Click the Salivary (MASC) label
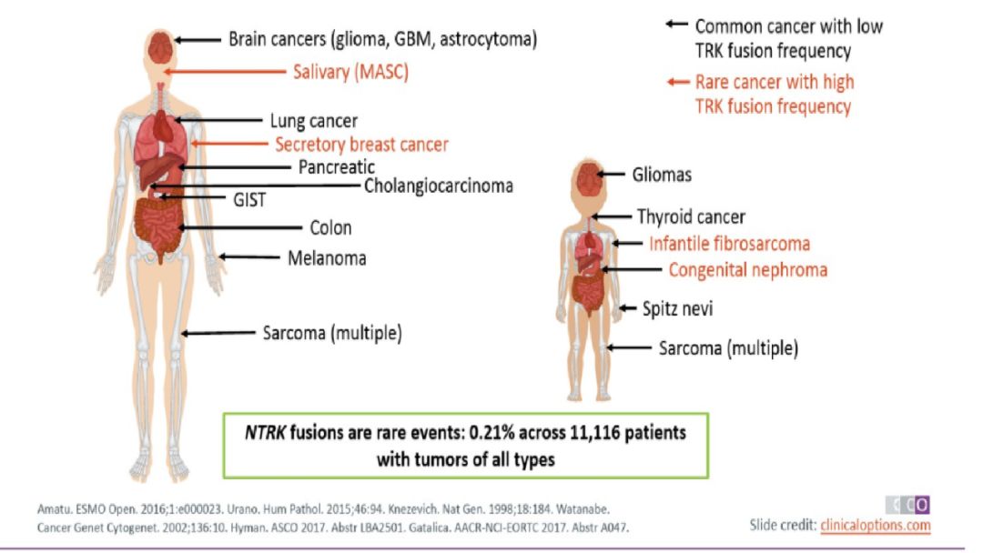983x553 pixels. [x=350, y=72]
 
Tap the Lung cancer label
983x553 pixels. [x=313, y=121]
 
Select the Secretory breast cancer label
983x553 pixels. [x=361, y=145]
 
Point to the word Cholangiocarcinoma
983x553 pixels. [x=439, y=186]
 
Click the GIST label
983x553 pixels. [x=249, y=200]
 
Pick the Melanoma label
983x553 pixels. [x=327, y=258]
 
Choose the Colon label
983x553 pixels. [x=330, y=227]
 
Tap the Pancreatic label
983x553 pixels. [x=337, y=167]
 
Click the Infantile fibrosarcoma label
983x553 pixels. [x=729, y=244]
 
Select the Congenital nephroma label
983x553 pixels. [x=748, y=270]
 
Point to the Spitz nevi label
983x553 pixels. [x=678, y=308]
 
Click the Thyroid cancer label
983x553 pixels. [x=691, y=217]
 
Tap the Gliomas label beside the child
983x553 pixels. [x=662, y=175]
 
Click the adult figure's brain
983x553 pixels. [x=161, y=47]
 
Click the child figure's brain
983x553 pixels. [x=589, y=178]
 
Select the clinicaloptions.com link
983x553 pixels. [x=876, y=525]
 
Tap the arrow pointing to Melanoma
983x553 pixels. [x=248, y=256]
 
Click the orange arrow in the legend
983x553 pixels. [x=678, y=82]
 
